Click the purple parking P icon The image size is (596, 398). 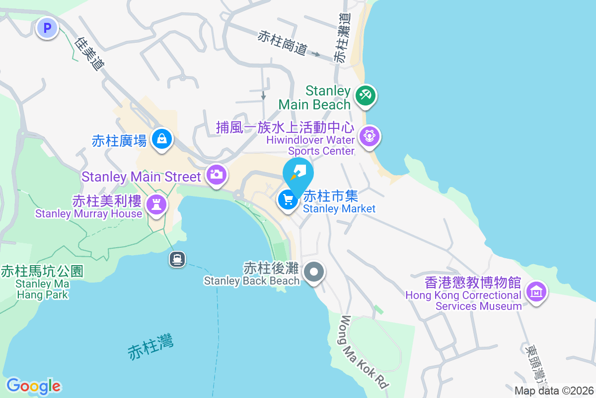pyautogui.click(x=47, y=28)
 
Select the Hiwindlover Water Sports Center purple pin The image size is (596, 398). pyautogui.click(x=369, y=135)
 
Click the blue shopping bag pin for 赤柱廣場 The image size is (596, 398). pyautogui.click(x=162, y=139)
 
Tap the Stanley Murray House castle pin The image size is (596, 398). pyautogui.click(x=156, y=204)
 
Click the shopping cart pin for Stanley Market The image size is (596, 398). pyautogui.click(x=288, y=200)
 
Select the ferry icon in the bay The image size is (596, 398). pyautogui.click(x=177, y=259)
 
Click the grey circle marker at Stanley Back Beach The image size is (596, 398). pyautogui.click(x=314, y=272)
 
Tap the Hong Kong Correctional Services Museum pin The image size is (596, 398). pyautogui.click(x=536, y=292)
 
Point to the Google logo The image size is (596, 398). pyautogui.click(x=33, y=386)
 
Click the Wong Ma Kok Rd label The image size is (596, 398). pyautogui.click(x=364, y=352)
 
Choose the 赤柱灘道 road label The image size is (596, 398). pyautogui.click(x=342, y=37)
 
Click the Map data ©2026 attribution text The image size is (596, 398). pyautogui.click(x=554, y=391)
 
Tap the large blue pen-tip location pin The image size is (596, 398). pyautogui.click(x=298, y=174)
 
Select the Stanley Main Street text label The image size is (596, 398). pyautogui.click(x=142, y=176)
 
